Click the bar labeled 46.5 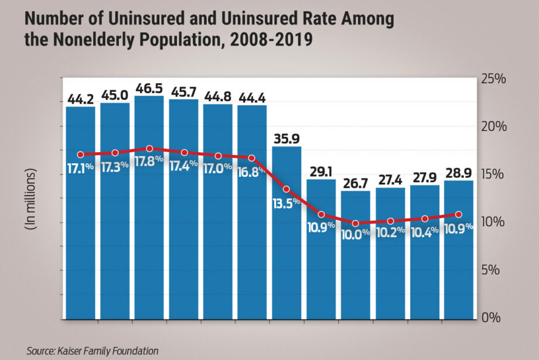[x=149, y=234]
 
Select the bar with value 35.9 [x=287, y=246]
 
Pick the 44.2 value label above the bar [x=80, y=97]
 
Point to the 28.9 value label [x=459, y=172]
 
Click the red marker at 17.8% [x=149, y=149]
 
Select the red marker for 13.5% [x=286, y=189]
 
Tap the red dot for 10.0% [x=356, y=224]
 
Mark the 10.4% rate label [x=424, y=232]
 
